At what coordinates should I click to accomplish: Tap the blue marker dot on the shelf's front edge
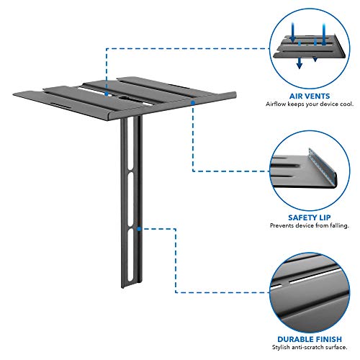[192, 104]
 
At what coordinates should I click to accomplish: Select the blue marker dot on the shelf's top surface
[106, 92]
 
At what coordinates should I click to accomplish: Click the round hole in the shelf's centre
[116, 93]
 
